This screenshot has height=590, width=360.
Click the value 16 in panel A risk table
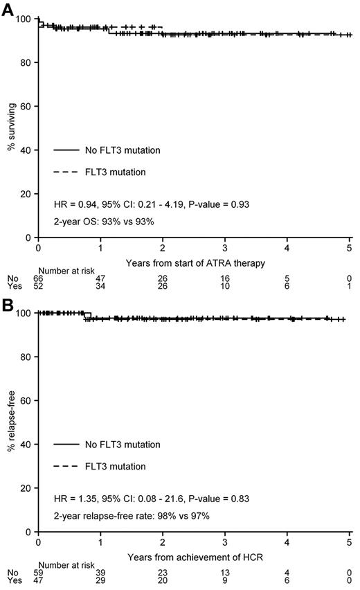coord(225,278)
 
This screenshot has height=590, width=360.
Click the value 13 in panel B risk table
coord(225,573)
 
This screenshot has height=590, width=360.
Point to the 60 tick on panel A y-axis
coord(28,107)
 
